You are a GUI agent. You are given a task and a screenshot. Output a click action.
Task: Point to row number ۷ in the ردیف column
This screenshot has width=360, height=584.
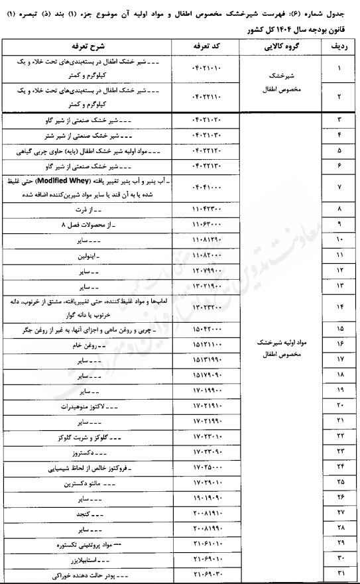[x=339, y=188]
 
